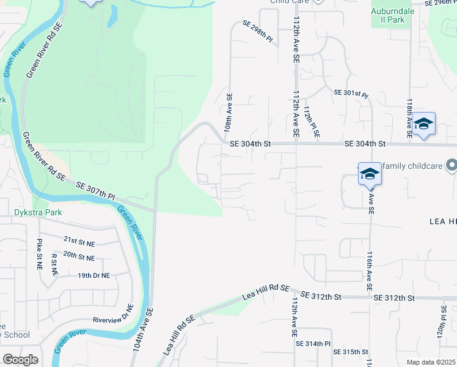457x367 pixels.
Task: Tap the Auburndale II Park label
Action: coord(397,15)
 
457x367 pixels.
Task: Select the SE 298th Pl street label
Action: coord(257,31)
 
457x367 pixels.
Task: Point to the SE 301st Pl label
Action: coord(351,94)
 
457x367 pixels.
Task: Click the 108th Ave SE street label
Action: coord(228,114)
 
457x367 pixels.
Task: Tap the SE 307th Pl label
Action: coord(95,190)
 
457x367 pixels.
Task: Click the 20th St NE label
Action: coord(79,257)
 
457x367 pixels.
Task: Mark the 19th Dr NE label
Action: coord(93,275)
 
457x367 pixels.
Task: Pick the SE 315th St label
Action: coord(351,352)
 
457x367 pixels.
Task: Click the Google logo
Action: coord(20,360)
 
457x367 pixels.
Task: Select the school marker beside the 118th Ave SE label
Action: coord(423,125)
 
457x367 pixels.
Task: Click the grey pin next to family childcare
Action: coord(452,165)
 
